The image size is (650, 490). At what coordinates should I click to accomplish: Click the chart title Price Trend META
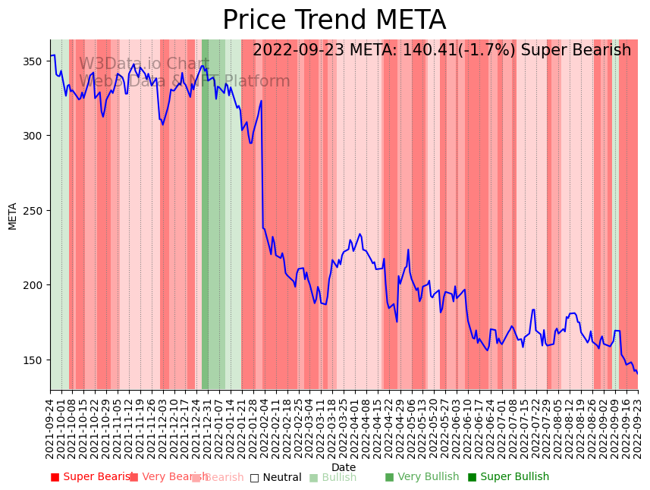click(334, 20)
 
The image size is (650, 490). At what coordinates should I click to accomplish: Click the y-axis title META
click(13, 215)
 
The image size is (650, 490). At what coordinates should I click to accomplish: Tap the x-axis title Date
click(344, 467)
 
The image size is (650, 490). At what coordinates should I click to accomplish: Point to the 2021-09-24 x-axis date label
click(50, 428)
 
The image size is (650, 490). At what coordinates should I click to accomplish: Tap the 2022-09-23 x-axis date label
click(637, 428)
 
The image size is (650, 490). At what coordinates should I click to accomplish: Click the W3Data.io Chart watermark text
click(144, 64)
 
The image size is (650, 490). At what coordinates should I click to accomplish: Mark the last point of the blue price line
click(637, 373)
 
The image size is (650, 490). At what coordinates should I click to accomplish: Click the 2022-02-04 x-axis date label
click(264, 428)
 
